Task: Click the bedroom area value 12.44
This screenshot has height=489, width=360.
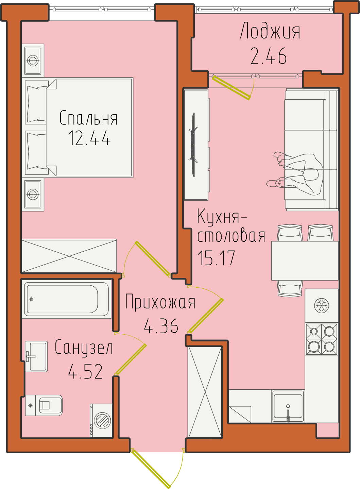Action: point(89,138)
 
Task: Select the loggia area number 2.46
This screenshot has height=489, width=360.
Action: point(269,56)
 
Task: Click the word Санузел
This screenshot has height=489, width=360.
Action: point(84,347)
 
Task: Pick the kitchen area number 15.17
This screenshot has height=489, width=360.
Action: point(216,258)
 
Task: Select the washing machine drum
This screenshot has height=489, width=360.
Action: point(102,420)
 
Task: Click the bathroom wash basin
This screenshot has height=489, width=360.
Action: point(36,356)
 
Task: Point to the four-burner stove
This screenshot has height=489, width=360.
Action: point(322,339)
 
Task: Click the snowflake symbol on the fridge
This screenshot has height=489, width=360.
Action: point(322,305)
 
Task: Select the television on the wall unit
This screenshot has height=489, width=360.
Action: point(193,145)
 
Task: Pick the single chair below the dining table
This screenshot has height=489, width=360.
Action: point(290,289)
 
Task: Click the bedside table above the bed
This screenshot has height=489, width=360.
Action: point(33,60)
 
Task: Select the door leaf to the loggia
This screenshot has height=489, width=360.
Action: point(232,87)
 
